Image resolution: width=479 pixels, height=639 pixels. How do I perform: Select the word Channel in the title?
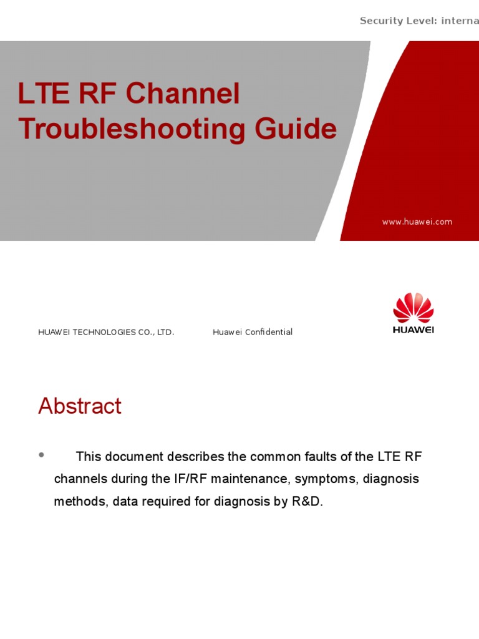(183, 94)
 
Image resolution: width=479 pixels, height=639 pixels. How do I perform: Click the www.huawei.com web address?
(417, 222)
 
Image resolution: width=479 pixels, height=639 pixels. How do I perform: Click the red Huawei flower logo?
(413, 308)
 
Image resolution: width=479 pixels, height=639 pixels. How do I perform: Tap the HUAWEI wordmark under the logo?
(413, 329)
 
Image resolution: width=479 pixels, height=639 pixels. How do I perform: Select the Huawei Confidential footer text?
(253, 332)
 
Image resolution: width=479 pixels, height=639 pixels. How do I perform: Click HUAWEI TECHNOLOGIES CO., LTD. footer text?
(106, 332)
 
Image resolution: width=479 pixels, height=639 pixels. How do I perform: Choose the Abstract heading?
(80, 406)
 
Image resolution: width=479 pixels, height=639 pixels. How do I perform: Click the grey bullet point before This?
(42, 455)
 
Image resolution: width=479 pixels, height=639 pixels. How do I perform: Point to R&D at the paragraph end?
(307, 501)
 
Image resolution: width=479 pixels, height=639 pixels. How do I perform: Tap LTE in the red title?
(41, 94)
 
